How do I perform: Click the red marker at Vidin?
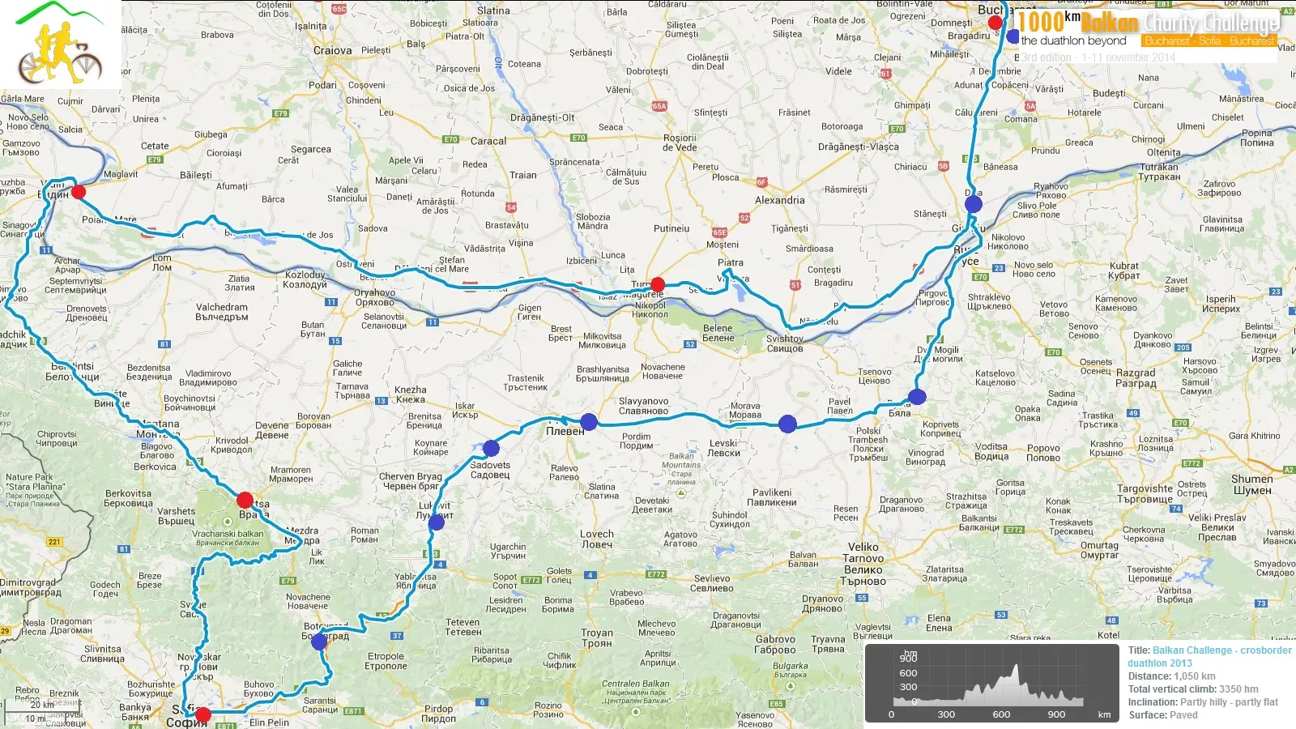(79, 192)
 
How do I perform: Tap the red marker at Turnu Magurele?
(658, 284)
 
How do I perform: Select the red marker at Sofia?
(203, 714)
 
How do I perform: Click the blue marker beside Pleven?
(589, 421)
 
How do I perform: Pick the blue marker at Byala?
(917, 397)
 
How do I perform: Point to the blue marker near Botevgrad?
(319, 642)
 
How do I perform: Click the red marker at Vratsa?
(245, 500)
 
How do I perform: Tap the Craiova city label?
(332, 50)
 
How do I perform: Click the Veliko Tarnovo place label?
(863, 558)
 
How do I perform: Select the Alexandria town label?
(779, 200)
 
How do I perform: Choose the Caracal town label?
(488, 141)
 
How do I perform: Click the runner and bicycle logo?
(60, 45)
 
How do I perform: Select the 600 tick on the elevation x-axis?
(1001, 714)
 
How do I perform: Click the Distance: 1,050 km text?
(1171, 676)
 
